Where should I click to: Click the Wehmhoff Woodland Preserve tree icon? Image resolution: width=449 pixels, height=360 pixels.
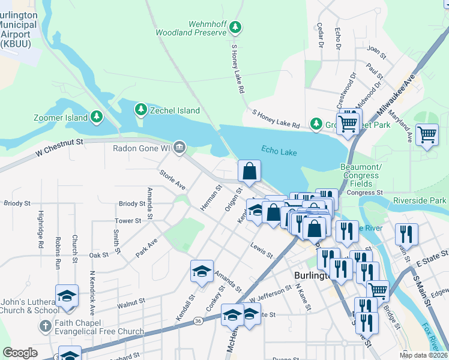click(x=237, y=27)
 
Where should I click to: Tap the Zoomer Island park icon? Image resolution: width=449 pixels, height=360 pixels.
click(x=97, y=117)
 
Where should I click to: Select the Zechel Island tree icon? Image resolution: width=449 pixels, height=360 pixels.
click(x=140, y=110)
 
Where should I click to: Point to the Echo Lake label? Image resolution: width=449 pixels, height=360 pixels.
click(x=279, y=151)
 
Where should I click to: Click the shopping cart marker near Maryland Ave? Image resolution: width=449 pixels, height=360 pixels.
click(x=427, y=134)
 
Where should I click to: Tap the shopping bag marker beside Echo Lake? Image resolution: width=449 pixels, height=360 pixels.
click(x=249, y=171)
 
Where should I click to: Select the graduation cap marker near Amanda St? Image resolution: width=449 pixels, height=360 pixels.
click(x=202, y=271)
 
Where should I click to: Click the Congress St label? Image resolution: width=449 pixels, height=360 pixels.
click(x=364, y=193)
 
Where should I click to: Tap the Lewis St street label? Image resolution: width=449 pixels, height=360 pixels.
click(x=262, y=251)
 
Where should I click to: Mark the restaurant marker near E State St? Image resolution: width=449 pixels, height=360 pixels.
click(x=406, y=234)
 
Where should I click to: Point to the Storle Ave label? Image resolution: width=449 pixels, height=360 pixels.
click(x=172, y=181)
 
